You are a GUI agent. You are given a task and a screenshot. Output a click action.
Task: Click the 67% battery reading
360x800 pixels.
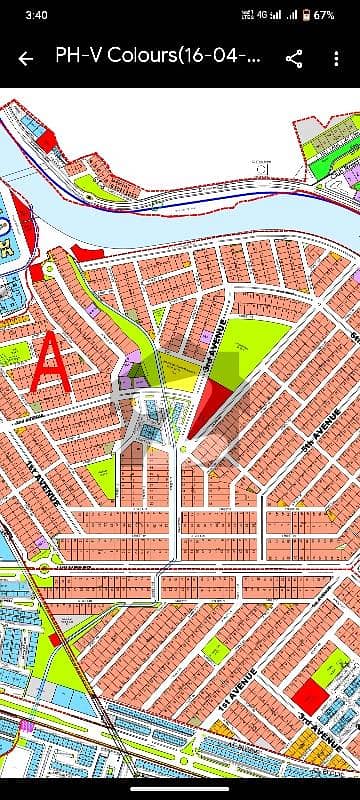(325, 16)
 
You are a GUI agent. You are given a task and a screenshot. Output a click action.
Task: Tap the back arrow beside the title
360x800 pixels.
(26, 58)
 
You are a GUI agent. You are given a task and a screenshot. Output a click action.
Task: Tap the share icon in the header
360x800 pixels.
(294, 58)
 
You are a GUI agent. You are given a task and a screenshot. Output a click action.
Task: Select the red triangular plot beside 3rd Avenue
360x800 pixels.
(206, 405)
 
